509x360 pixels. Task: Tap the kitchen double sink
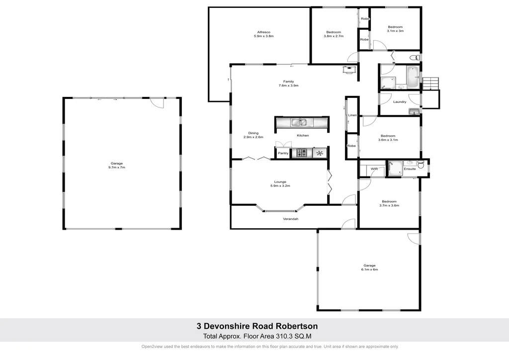click(300, 122)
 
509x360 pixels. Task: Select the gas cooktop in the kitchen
click(302, 153)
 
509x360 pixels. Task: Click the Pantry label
click(283, 153)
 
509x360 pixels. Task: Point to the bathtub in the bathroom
click(413, 77)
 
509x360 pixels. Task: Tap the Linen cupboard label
click(352, 115)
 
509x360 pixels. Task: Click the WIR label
click(375, 170)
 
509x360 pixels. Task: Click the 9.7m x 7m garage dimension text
click(117, 168)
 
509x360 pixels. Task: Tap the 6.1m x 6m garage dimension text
click(370, 270)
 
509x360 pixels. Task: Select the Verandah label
click(291, 219)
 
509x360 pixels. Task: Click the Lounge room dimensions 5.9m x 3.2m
click(280, 186)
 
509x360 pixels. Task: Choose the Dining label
click(254, 133)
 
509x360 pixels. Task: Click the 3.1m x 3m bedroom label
click(395, 31)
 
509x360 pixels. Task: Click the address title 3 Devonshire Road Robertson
click(257, 327)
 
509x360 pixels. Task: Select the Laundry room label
click(400, 102)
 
